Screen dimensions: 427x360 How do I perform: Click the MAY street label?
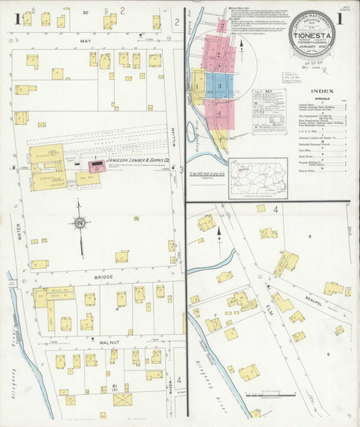point(88,42)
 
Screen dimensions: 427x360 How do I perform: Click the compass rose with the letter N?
point(80,223)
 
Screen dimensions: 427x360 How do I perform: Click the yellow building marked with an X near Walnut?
point(122,400)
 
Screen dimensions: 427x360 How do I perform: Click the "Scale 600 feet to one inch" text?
point(206,175)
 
